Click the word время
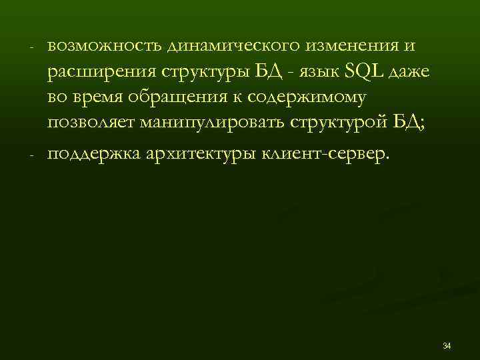(x=101, y=98)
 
